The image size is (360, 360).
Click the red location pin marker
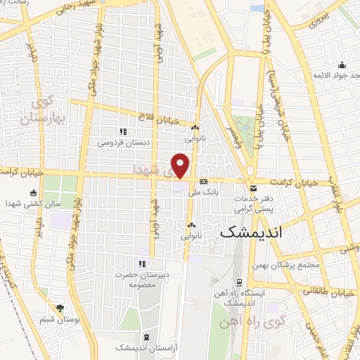(x=181, y=165)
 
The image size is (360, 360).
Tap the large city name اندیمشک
(x=261, y=231)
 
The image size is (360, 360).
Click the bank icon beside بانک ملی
(x=203, y=181)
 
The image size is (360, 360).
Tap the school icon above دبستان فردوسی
(x=123, y=131)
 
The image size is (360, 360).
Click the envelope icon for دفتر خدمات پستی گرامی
(x=254, y=188)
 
